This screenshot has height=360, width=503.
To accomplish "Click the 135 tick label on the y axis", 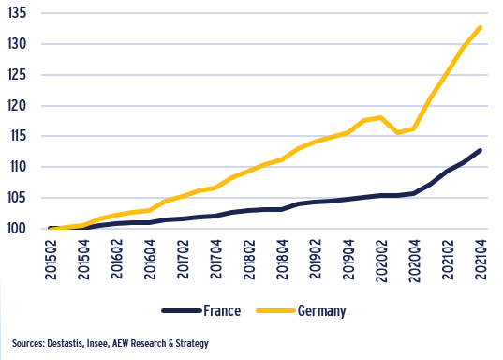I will pyautogui.click(x=21, y=13).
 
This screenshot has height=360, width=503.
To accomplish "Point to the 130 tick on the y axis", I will pyautogui.click(x=21, y=44).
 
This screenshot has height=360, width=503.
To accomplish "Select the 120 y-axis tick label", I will pyautogui.click(x=21, y=105).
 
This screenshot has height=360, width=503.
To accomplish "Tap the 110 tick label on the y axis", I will pyautogui.click(x=21, y=167).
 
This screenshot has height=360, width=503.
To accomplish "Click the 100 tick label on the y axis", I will pyautogui.click(x=21, y=229).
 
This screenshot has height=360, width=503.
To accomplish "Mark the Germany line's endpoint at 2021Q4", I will pyautogui.click(x=481, y=27).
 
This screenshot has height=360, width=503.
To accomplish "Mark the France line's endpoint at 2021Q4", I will pyautogui.click(x=481, y=150).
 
